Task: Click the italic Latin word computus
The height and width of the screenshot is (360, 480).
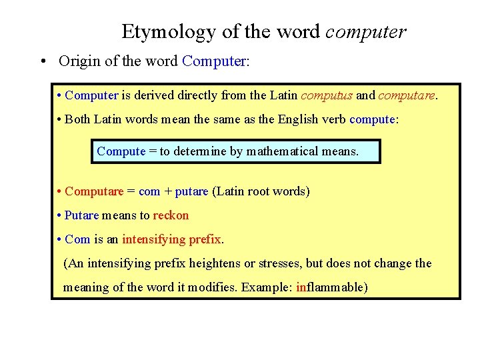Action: pos(327,95)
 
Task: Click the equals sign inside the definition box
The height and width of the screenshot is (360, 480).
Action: pos(153,151)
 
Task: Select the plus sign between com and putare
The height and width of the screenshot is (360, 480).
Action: pos(167,192)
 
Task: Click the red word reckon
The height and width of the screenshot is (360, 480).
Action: pos(171,215)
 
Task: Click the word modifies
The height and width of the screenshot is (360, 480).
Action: pos(214,287)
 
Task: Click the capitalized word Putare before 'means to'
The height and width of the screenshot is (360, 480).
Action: pos(81,215)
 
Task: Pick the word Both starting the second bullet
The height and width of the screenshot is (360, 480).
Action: pos(78,119)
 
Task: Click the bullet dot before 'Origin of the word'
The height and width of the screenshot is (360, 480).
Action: pos(42,62)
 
